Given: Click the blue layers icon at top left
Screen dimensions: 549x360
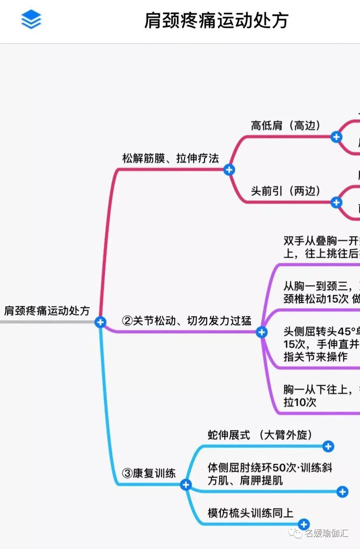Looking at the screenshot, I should pos(31,19).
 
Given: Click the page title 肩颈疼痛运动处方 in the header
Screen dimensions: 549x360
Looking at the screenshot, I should pos(216,20).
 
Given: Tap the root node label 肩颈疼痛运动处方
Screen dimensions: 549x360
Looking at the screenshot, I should pos(47,310).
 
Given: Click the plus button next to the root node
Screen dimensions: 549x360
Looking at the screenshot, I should pos(100,322).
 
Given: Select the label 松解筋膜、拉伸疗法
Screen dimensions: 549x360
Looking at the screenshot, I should pos(170,158).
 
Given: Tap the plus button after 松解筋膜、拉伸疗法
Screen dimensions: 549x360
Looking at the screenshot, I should pos(229,170).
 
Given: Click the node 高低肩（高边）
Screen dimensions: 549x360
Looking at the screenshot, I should pos(285,125).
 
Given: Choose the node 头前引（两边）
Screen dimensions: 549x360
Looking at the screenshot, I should pos(285,191).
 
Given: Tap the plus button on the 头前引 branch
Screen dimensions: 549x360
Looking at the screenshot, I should pos(336,202).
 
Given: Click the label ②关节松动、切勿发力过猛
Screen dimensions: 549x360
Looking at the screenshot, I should pos(186,321).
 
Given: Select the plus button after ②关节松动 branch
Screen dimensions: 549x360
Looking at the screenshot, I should pos(262,332).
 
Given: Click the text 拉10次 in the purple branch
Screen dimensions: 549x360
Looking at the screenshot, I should pos(300,402).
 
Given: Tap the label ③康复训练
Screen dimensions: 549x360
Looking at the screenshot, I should pos(149,473).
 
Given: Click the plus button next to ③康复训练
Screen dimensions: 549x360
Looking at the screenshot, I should pos(186,485).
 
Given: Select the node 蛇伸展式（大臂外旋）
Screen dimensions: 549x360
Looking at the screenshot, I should pos(260,435).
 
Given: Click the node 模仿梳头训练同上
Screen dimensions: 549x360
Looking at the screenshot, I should pos(250,513).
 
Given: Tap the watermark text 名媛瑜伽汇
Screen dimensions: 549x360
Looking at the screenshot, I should pos(326,533).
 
